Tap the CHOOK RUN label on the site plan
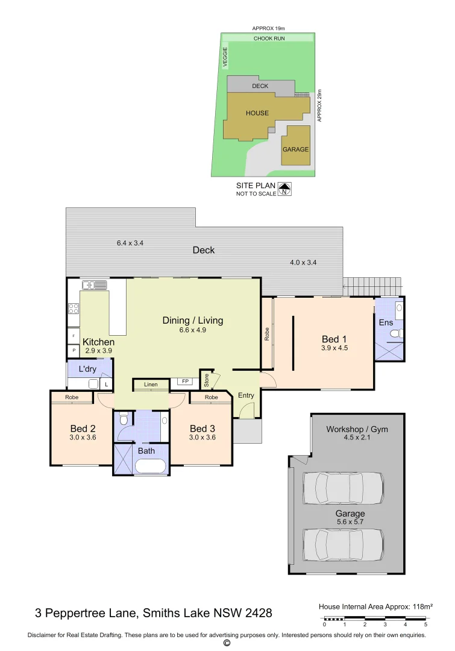(x=269, y=38)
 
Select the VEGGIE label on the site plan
(x=224, y=57)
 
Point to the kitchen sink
(x=95, y=285)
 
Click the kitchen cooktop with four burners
(x=73, y=308)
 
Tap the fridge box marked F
(x=73, y=335)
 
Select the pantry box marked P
(x=73, y=350)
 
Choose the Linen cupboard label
(x=151, y=385)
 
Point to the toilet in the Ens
(x=395, y=333)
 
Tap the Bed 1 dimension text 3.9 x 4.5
(x=335, y=348)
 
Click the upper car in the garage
(x=343, y=488)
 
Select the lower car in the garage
(x=343, y=545)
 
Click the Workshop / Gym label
(x=357, y=429)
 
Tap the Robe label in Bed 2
(x=72, y=397)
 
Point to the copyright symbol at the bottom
(x=227, y=643)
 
